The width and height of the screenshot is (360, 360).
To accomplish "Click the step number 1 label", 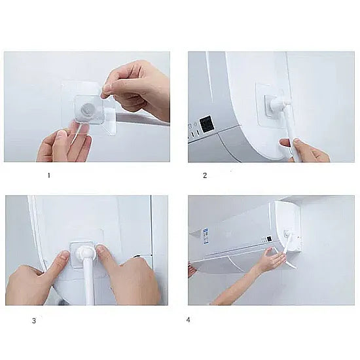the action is click(x=48, y=175).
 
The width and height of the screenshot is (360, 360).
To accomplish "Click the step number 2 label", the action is click(x=205, y=175).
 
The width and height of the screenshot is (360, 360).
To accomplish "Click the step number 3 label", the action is click(x=34, y=321).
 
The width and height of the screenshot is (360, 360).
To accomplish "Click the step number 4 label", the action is click(x=189, y=319).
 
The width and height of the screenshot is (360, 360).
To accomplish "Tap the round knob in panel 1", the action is click(x=88, y=110).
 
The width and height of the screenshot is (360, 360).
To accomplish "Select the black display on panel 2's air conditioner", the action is click(x=206, y=125).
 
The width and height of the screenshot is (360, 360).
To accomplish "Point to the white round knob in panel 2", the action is click(x=276, y=105).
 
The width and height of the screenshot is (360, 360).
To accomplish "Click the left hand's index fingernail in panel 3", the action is click(x=64, y=255).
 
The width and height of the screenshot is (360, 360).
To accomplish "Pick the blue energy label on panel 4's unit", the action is click(x=206, y=236).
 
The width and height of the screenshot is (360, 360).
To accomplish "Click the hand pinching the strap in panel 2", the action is click(x=304, y=150).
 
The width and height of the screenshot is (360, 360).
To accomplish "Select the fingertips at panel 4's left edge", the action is click(x=192, y=270).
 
